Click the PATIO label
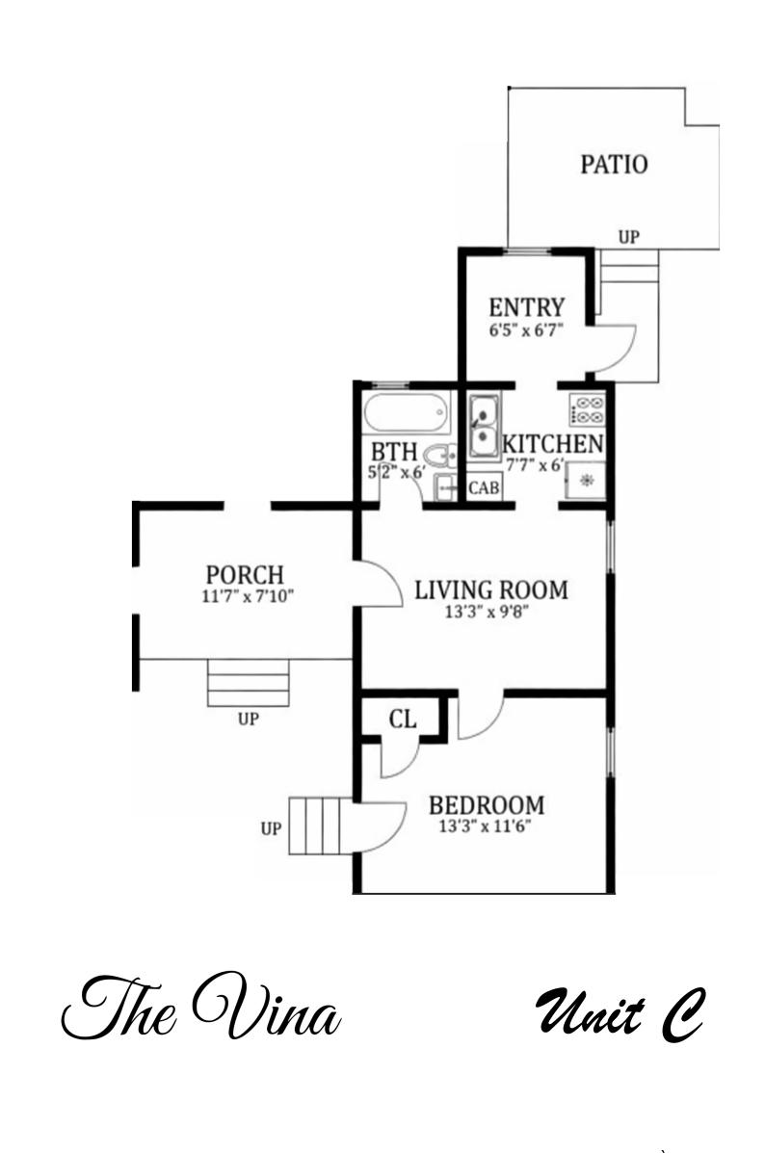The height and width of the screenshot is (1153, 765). click(x=614, y=164)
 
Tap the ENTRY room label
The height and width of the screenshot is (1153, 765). click(x=525, y=308)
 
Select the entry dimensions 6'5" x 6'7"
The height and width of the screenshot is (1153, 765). click(x=525, y=329)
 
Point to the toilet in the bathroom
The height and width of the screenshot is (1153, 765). click(x=439, y=457)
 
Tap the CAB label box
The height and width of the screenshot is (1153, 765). click(x=484, y=488)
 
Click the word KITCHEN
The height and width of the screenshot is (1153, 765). click(x=553, y=444)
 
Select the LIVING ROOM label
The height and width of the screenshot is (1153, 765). click(x=491, y=590)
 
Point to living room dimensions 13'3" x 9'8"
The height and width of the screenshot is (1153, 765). click(x=491, y=612)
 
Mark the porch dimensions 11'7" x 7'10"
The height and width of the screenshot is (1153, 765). click(x=249, y=596)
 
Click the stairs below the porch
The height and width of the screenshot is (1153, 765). click(x=249, y=684)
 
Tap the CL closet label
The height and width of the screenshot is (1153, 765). click(x=402, y=719)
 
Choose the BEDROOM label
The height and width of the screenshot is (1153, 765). click(x=486, y=805)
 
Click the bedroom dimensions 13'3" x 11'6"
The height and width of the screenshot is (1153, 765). click(x=486, y=825)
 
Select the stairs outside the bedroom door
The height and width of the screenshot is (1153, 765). click(x=317, y=825)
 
